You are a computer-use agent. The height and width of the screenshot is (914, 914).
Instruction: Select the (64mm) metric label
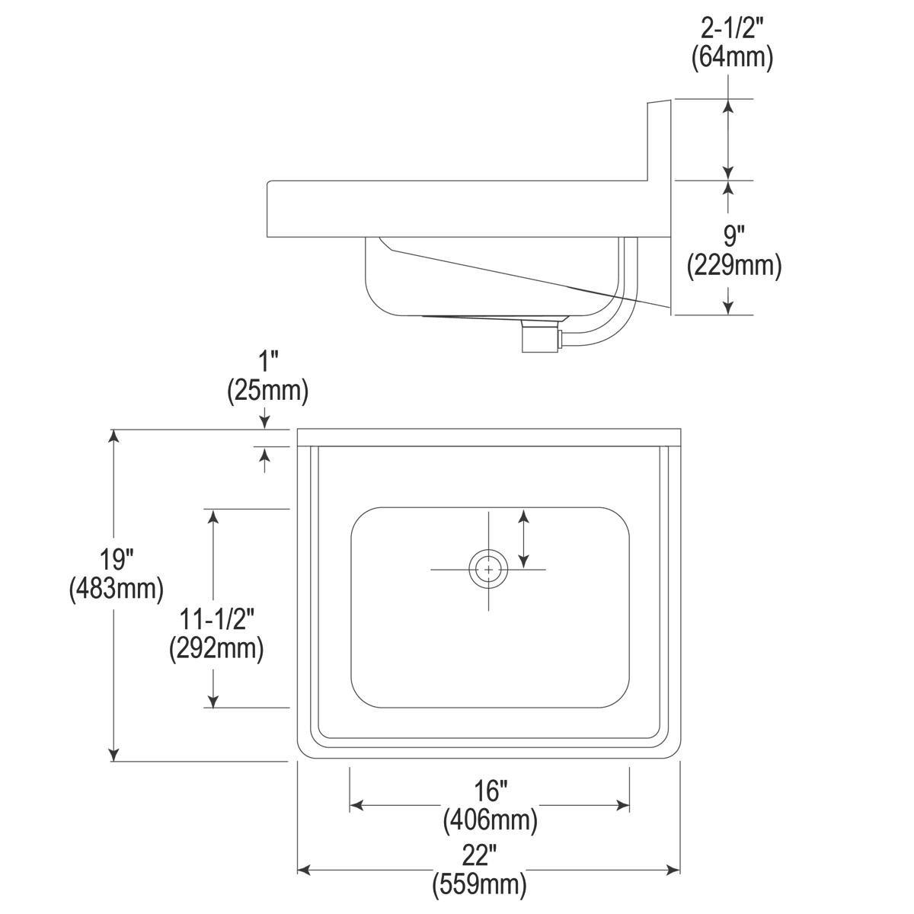coord(732,58)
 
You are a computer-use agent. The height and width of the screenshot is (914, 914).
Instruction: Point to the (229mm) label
coord(734,264)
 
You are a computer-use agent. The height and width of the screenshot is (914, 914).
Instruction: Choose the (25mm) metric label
coord(267,391)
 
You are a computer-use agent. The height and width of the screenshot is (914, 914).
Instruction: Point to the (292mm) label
coord(216,648)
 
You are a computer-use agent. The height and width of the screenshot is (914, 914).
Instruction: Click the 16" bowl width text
coord(490,791)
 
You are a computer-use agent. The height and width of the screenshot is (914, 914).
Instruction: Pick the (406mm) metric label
coord(490,820)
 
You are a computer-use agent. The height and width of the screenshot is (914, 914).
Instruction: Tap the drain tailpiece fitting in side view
coord(539,336)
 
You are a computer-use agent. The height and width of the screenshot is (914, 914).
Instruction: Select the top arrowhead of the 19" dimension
coord(114,436)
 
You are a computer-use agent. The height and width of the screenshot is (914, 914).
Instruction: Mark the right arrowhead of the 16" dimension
coord(624,805)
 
